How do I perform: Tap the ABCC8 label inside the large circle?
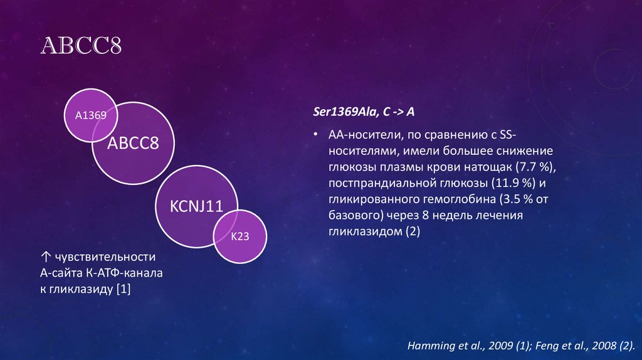point(133,144)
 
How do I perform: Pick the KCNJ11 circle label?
point(196,207)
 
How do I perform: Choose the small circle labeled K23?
point(241,237)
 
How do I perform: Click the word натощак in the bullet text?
point(490,167)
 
